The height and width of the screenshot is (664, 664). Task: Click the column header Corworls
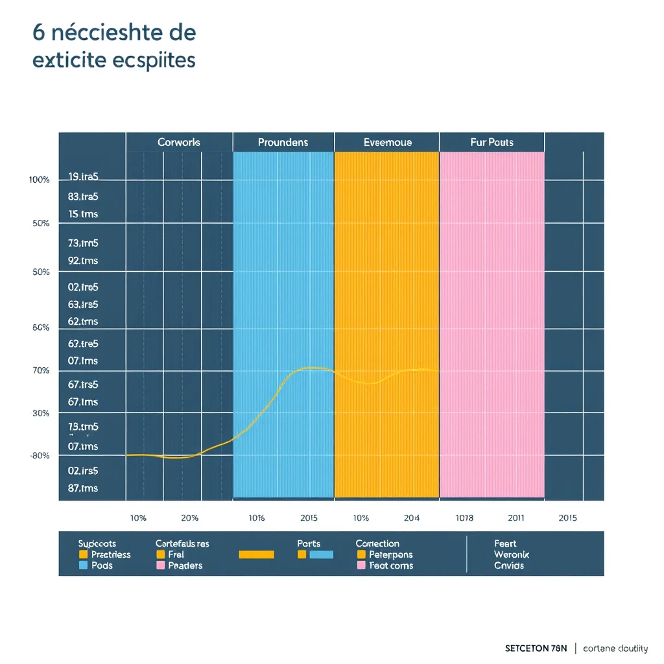tap(179, 142)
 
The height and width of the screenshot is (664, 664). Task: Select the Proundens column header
tap(283, 142)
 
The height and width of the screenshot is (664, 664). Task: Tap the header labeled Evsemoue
tap(387, 142)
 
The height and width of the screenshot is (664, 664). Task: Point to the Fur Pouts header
tap(492, 142)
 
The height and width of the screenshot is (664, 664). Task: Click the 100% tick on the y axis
tap(39, 180)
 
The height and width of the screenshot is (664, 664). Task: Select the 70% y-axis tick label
tap(40, 370)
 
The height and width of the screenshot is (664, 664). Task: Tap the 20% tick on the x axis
tap(189, 518)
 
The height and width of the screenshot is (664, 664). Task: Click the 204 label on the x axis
tap(411, 518)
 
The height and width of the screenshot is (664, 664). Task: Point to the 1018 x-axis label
tap(464, 518)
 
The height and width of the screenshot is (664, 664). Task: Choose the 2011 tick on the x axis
tap(516, 518)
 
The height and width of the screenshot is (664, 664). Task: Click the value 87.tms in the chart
tap(82, 488)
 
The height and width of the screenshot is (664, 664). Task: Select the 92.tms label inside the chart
tap(82, 261)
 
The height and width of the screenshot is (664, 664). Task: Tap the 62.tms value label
tap(82, 321)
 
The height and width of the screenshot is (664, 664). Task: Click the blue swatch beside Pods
tap(83, 565)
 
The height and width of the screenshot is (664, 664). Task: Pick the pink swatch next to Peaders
tap(161, 565)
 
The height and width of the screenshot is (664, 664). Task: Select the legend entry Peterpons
tap(390, 554)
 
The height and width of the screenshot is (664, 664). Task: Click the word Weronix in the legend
tap(511, 554)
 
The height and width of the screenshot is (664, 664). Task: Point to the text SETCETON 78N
tap(536, 648)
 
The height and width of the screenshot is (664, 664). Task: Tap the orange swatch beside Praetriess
tap(83, 554)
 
